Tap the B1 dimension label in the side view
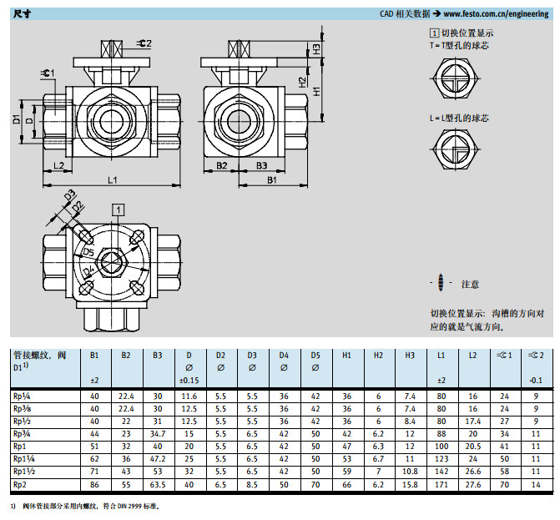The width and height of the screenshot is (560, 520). [272, 180]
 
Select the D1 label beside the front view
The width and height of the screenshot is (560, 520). [17, 119]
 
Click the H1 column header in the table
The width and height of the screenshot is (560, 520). [347, 356]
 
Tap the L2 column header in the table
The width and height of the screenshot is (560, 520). [472, 356]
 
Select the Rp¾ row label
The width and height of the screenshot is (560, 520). [23, 435]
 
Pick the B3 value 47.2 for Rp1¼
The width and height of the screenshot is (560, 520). [157, 458]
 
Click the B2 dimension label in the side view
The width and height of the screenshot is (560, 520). [221, 166]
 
